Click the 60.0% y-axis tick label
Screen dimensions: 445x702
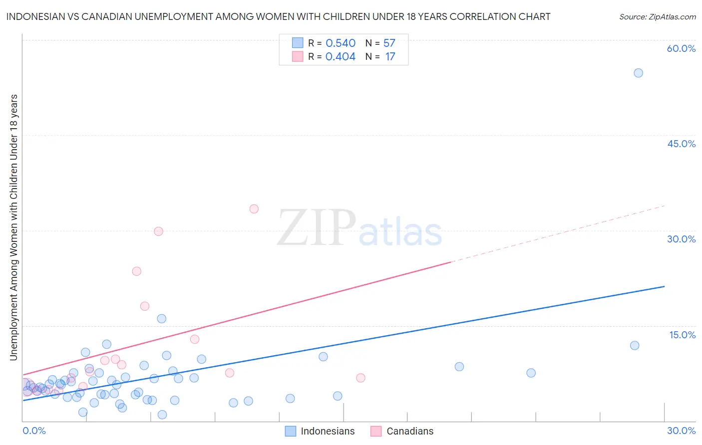681,48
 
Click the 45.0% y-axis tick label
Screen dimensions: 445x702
681,144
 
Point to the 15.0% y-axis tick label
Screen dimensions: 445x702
682,335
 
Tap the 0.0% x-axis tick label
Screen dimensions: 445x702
34,431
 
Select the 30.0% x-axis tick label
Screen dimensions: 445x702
681,431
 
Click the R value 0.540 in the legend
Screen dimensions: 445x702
341,43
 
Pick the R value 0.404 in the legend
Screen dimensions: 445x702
341,57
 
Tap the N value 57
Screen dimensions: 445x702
389,43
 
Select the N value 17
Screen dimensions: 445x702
390,57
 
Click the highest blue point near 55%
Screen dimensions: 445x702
638,73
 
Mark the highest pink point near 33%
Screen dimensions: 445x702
254,209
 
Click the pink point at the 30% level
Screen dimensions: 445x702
158,231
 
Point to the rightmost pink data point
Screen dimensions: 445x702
360,378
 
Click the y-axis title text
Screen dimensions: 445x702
13,227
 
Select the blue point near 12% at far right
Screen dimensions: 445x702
635,345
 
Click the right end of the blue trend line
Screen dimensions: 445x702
664,286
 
